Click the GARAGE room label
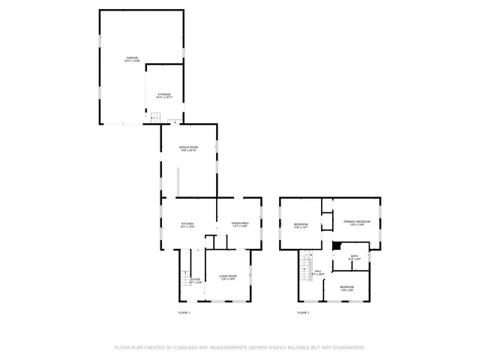[132, 58]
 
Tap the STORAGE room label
[164, 95]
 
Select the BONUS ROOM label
[188, 148]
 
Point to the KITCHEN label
[187, 224]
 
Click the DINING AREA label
[240, 223]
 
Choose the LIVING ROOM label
[228, 278]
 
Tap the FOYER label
[195, 280]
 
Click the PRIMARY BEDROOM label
[357, 223]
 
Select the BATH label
[355, 257]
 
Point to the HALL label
[318, 272]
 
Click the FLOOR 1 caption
[184, 312]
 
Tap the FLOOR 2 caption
[303, 312]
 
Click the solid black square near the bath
[337, 244]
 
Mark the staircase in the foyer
[184, 280]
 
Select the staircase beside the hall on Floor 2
[305, 264]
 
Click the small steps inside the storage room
[155, 116]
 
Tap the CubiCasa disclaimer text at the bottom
[239, 347]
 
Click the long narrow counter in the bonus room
[178, 182]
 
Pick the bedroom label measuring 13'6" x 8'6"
[346, 289]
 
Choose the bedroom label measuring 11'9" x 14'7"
[300, 225]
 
